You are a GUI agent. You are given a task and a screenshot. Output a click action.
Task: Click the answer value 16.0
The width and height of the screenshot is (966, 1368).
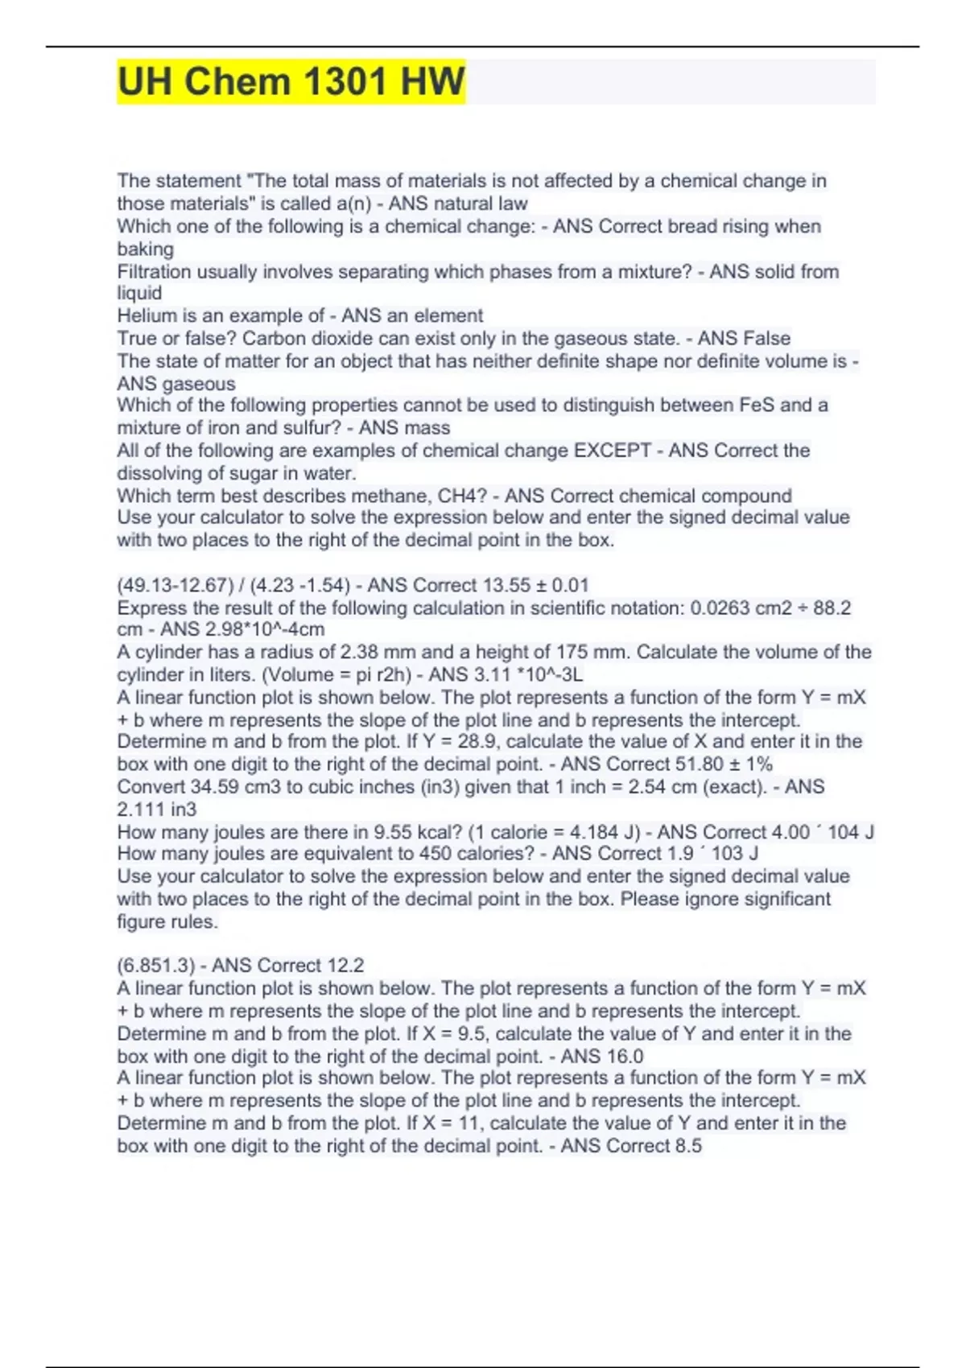click(x=625, y=1056)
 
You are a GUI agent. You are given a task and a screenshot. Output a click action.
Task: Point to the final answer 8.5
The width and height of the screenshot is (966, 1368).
click(x=687, y=1145)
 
